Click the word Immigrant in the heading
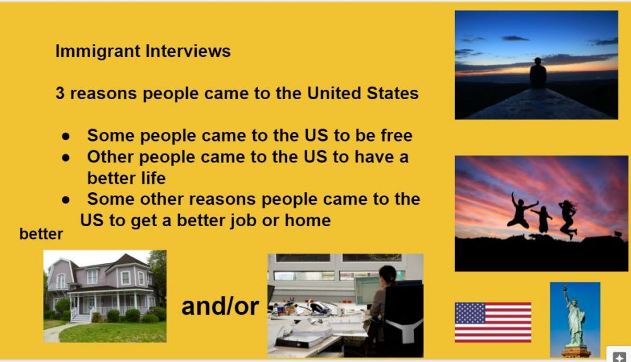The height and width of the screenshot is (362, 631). click(98, 52)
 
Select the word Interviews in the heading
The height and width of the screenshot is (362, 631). click(188, 51)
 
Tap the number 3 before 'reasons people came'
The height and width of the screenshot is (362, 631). click(60, 93)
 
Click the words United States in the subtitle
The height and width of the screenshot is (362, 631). click(363, 93)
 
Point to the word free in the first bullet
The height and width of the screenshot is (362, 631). click(396, 135)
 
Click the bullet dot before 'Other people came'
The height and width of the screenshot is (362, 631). click(66, 157)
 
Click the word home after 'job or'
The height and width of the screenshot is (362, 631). click(307, 220)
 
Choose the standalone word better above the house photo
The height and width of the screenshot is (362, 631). click(41, 234)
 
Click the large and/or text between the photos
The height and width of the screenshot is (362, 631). click(220, 306)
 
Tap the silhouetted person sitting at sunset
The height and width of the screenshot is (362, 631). click(538, 73)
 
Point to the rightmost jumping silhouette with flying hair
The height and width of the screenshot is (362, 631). click(568, 219)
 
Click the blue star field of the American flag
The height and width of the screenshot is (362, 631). click(470, 313)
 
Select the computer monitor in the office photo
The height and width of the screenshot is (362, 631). click(367, 290)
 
